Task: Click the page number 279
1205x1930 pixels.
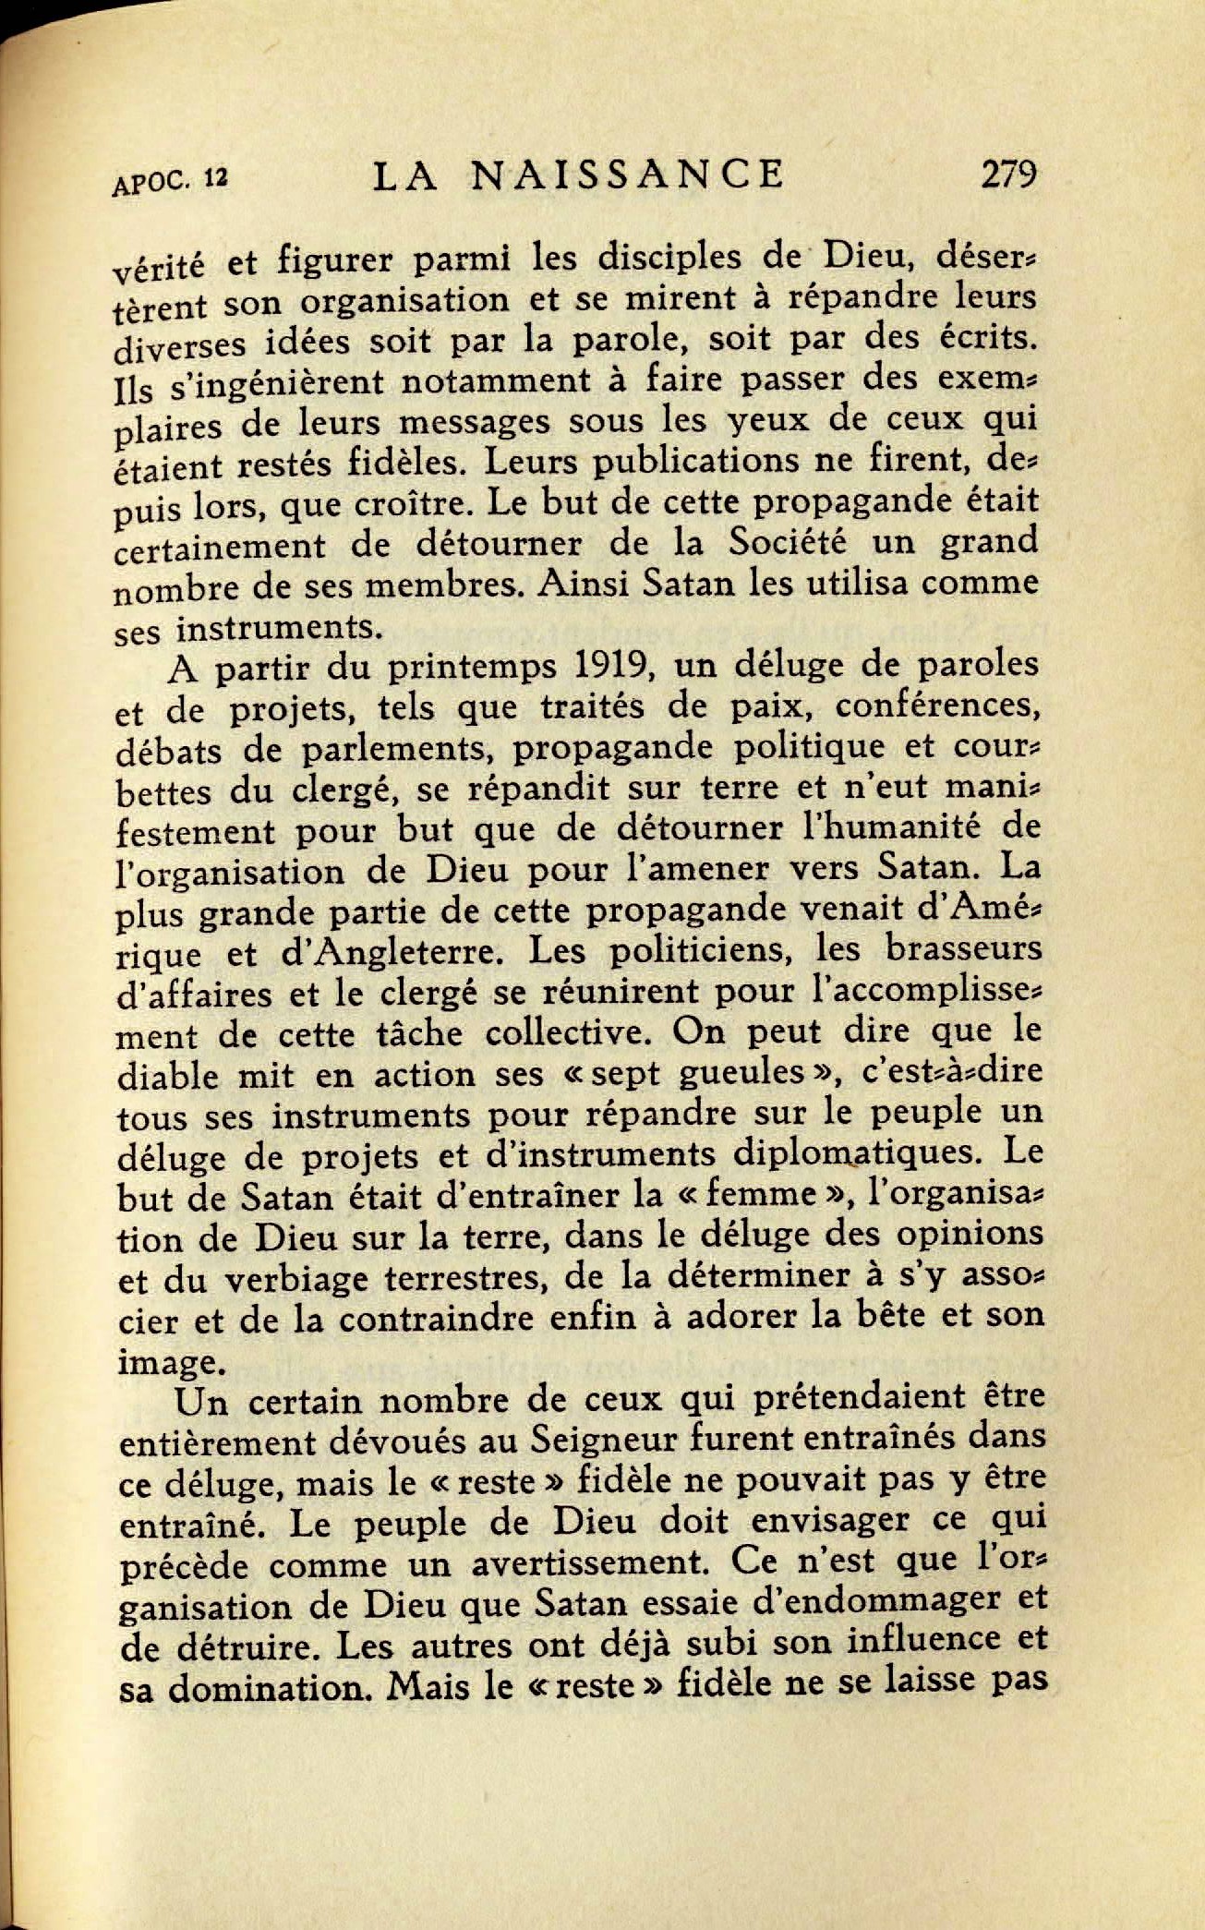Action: (x=1009, y=173)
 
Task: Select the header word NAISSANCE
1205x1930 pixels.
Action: (x=628, y=174)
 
